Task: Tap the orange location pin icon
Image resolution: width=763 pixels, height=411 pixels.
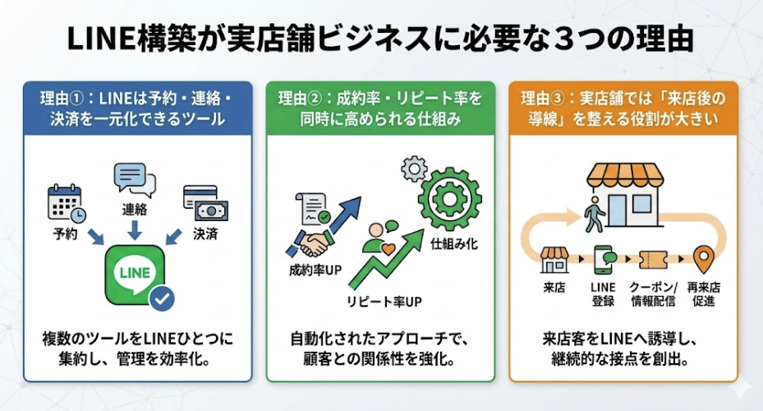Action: (702, 261)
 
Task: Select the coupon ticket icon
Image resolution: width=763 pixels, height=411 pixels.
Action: (652, 261)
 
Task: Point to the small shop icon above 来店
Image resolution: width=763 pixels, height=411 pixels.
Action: (554, 259)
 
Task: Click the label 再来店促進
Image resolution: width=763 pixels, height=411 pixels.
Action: (702, 293)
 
